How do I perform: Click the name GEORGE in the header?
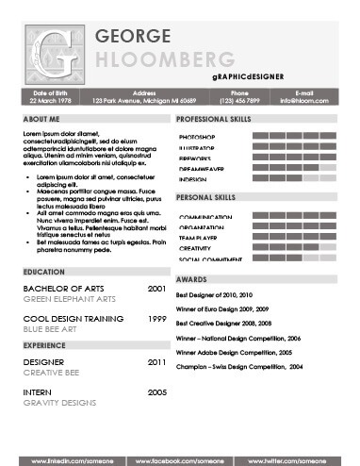pos(134,37)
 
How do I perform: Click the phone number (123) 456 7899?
pos(239,100)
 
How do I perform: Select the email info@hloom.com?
pos(303,100)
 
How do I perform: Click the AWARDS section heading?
pos(191,279)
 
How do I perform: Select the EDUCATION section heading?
pos(43,271)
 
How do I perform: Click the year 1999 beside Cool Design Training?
pos(157,319)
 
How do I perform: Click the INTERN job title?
pos(37,391)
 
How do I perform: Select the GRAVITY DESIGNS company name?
pos(59,403)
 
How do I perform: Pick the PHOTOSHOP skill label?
pos(196,138)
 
